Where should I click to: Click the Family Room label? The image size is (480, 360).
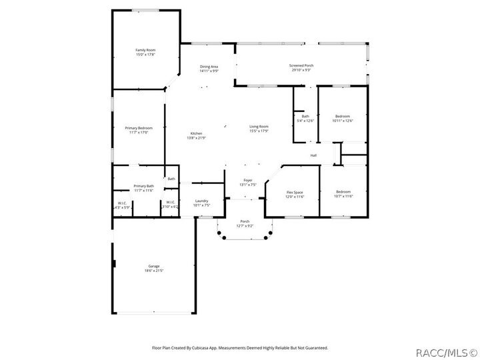(145, 51)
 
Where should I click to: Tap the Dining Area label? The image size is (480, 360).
(209, 67)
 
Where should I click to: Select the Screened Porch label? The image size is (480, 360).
(301, 65)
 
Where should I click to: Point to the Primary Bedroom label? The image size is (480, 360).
(139, 128)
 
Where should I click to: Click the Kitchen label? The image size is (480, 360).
(196, 133)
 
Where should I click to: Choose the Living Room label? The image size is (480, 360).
(259, 127)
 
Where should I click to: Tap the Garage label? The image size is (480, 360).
(153, 266)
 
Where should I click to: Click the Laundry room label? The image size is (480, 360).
(201, 201)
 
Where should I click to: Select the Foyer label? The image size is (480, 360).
(247, 181)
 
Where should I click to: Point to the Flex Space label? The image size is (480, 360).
(295, 192)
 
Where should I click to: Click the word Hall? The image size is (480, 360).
(313, 155)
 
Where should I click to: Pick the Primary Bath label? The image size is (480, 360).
(143, 186)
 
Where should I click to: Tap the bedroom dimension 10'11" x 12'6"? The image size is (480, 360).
(343, 121)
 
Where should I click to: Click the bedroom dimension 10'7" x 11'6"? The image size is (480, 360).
(343, 196)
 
